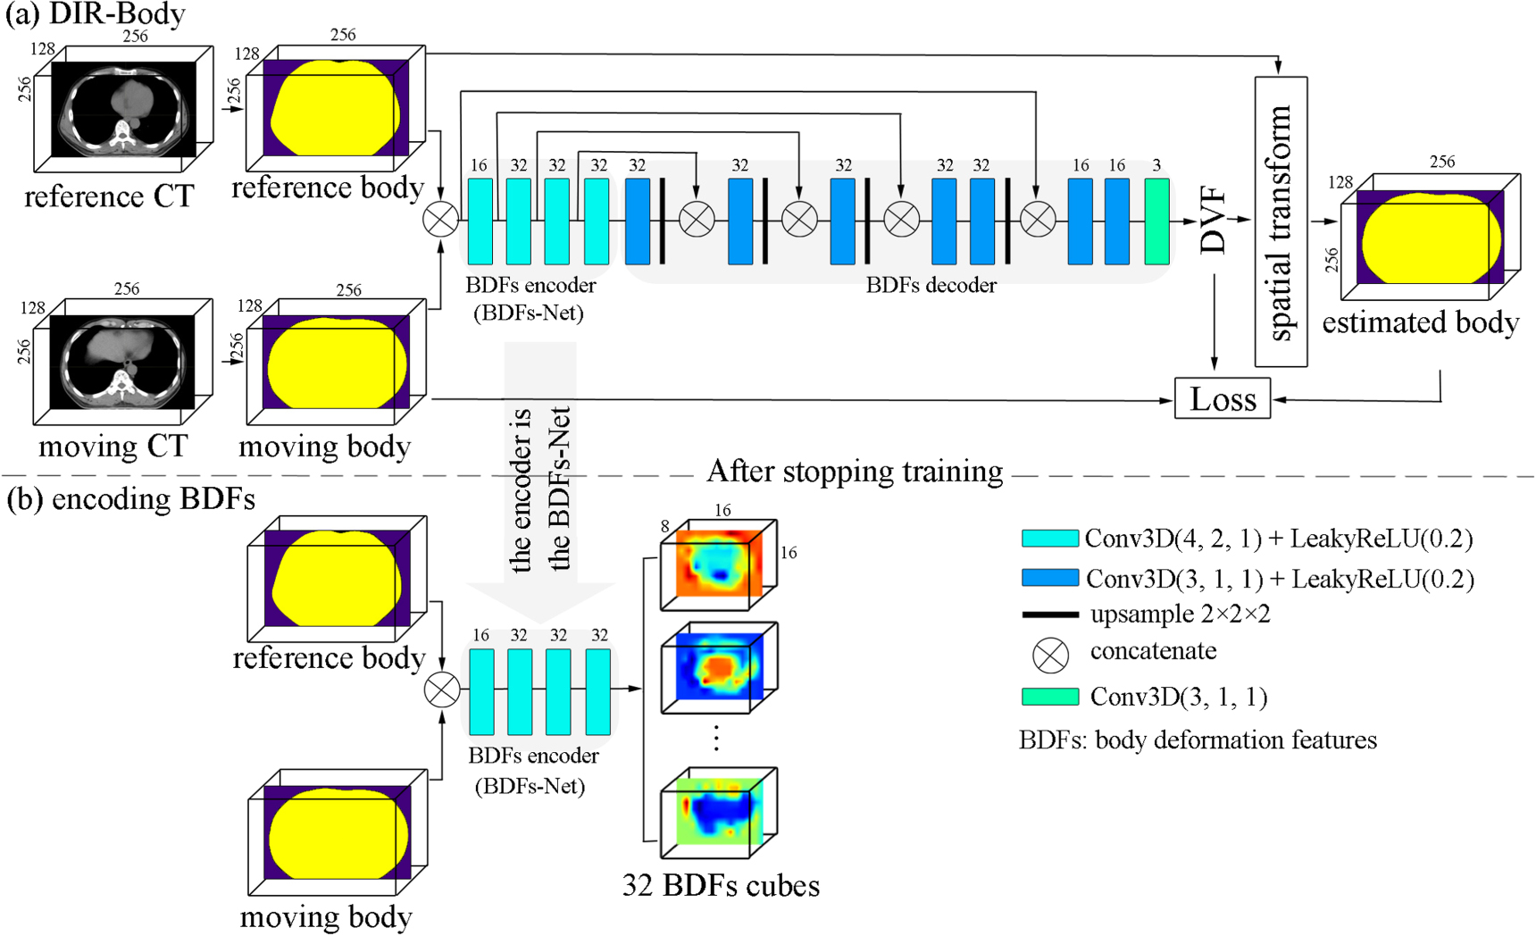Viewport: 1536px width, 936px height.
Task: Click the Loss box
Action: click(1222, 399)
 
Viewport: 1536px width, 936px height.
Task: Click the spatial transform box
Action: click(1281, 221)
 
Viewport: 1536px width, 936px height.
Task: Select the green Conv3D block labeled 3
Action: click(1156, 221)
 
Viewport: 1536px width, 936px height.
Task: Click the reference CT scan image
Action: click(123, 109)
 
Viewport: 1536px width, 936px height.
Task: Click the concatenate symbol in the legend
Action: click(1050, 655)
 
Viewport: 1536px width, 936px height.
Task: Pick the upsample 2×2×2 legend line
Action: click(1049, 615)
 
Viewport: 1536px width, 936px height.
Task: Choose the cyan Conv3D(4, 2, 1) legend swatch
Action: click(1050, 539)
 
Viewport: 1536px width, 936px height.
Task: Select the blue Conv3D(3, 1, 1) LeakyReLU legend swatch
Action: click(1050, 578)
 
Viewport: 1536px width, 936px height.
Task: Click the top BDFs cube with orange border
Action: click(718, 564)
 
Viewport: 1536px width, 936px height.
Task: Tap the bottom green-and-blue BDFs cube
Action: click(718, 811)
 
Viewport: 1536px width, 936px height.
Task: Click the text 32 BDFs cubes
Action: click(721, 885)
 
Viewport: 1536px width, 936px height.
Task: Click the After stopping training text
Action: click(855, 471)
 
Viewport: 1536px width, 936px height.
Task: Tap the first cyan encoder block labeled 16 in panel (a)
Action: click(480, 221)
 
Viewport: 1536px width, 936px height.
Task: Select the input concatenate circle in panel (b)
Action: click(442, 689)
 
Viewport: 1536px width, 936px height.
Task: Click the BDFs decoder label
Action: click(931, 285)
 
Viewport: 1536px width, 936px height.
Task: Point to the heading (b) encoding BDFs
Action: click(131, 498)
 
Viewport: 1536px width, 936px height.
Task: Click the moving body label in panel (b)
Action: click(326, 916)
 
